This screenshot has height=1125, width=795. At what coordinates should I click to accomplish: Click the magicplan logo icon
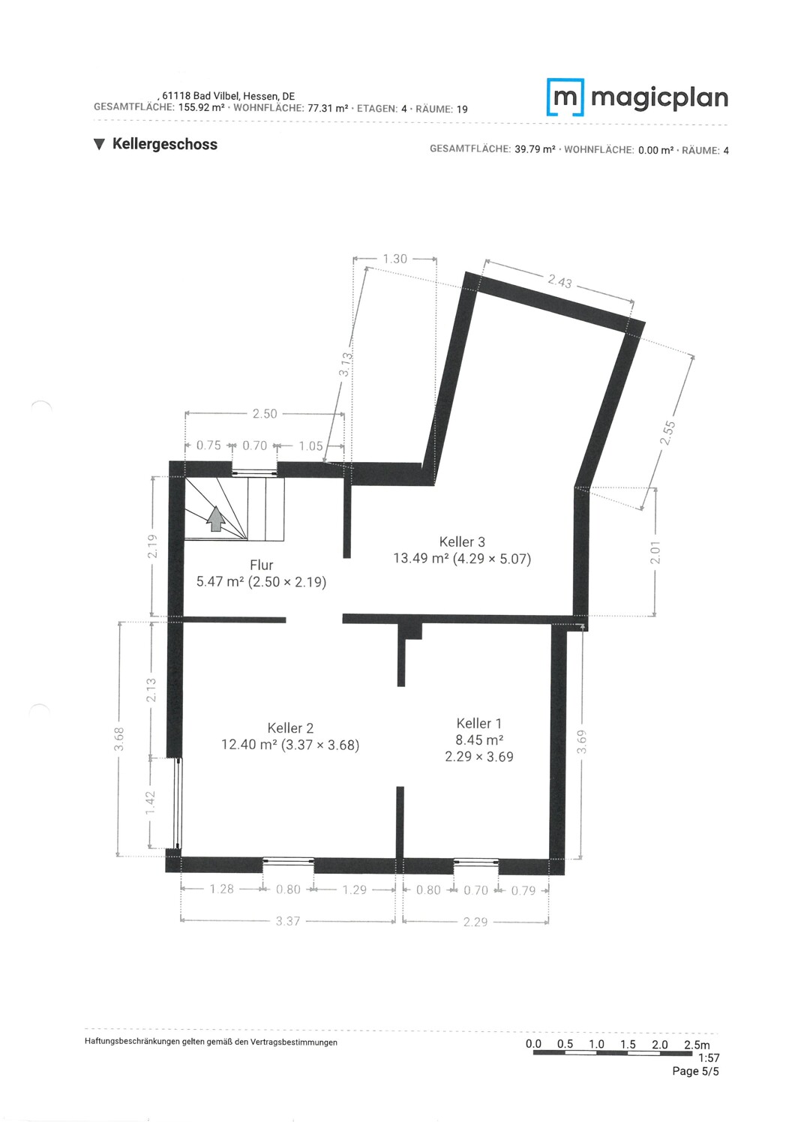[x=565, y=97]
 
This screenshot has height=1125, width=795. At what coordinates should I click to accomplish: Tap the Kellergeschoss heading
[x=165, y=144]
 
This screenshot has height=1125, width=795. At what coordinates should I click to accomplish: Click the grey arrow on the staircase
[x=216, y=519]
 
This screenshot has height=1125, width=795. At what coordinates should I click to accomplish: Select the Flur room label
[x=261, y=565]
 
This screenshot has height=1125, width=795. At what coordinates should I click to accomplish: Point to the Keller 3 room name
[x=462, y=542]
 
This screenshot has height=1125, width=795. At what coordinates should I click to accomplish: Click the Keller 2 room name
[x=290, y=727]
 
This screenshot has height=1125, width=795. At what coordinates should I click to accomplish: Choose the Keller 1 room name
[x=478, y=723]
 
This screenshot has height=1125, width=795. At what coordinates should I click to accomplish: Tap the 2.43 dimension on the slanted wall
[x=559, y=282]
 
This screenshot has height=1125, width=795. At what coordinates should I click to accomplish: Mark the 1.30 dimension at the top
[x=394, y=259]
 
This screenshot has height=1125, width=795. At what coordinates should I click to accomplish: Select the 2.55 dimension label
[x=667, y=433]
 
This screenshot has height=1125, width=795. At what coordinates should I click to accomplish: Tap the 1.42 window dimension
[x=150, y=803]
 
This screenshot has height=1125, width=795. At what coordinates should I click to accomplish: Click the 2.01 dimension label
[x=655, y=553]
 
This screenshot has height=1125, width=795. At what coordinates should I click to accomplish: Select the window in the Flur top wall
[x=254, y=472]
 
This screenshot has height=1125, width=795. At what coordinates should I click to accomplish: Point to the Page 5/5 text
[x=695, y=1071]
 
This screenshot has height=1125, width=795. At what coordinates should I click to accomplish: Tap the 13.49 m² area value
[x=421, y=559]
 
